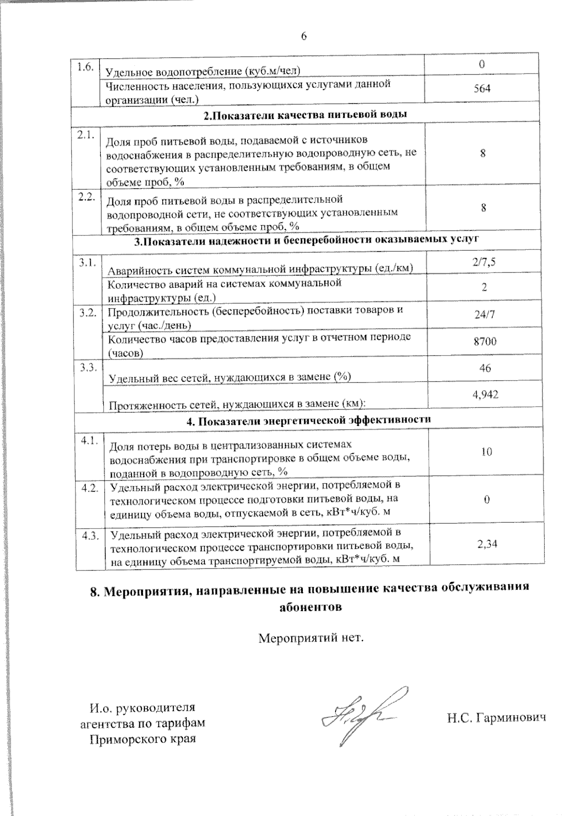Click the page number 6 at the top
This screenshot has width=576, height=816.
coord(304,37)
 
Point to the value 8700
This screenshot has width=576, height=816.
coord(485,342)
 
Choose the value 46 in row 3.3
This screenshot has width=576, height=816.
coord(485,368)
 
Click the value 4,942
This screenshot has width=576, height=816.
coord(486,395)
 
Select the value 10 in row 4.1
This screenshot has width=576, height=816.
coord(486,452)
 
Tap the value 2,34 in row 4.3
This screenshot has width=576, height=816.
coord(487,544)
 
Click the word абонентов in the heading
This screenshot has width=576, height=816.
coord(311,606)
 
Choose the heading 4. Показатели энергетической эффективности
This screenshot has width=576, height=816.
coord(309,420)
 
